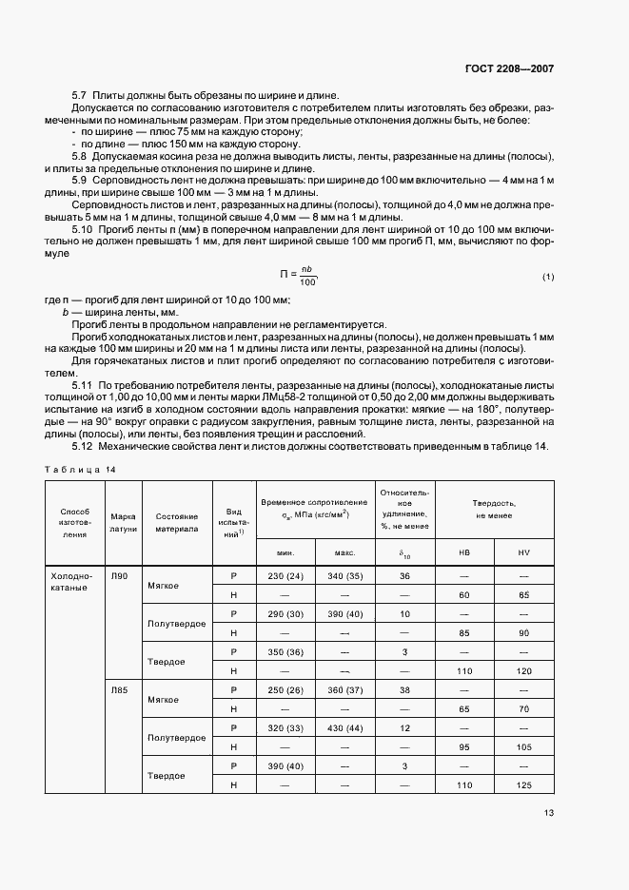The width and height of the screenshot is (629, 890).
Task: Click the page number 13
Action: click(549, 812)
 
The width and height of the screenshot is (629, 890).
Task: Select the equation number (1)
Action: click(548, 277)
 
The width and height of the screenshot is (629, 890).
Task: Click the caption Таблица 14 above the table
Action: click(81, 470)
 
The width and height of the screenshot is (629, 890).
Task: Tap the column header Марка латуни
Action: click(124, 522)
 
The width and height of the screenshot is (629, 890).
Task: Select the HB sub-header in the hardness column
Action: click(464, 552)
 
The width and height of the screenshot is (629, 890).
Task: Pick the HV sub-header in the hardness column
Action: click(523, 552)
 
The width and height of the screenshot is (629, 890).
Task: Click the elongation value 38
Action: click(404, 689)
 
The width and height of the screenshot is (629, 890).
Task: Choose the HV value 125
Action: click(523, 784)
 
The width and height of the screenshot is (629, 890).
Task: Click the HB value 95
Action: click(464, 746)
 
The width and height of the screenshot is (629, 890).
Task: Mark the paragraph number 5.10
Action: click(84, 230)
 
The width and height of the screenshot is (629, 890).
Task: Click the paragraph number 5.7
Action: click(80, 95)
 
